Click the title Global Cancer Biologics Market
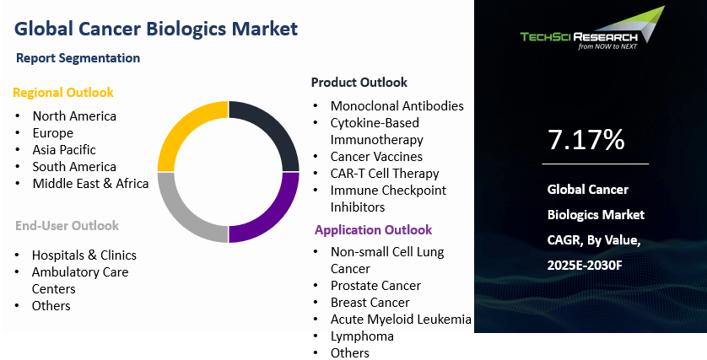pyautogui.click(x=156, y=28)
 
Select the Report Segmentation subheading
pyautogui.click(x=78, y=58)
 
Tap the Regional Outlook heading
pyautogui.click(x=62, y=92)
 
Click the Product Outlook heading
pyautogui.click(x=359, y=82)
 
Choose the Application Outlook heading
pyautogui.click(x=373, y=229)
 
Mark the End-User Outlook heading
pyautogui.click(x=67, y=225)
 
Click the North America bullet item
pyautogui.click(x=74, y=116)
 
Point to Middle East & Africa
pyautogui.click(x=90, y=183)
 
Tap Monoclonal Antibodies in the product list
pyautogui.click(x=397, y=105)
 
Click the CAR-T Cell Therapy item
pyautogui.click(x=384, y=173)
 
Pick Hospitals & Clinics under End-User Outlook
pyautogui.click(x=84, y=255)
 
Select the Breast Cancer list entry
pyautogui.click(x=370, y=302)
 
